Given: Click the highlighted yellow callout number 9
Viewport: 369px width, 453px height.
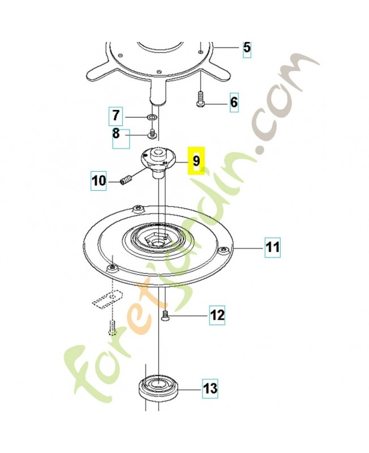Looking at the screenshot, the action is (x=196, y=161).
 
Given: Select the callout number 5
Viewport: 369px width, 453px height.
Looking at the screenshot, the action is (x=247, y=48).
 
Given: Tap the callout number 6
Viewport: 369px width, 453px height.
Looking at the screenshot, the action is (x=234, y=102).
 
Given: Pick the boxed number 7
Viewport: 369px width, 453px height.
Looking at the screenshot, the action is (x=116, y=116).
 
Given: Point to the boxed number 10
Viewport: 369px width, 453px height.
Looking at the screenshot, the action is (x=98, y=181).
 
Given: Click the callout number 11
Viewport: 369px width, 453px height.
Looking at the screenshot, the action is (x=273, y=247).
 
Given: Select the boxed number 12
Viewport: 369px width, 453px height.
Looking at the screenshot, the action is (x=217, y=315).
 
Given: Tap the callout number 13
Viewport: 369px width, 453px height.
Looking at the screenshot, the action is (x=210, y=388).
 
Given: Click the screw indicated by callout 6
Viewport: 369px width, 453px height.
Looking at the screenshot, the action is (x=200, y=98).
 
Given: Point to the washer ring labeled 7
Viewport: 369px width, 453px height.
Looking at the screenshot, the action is (x=152, y=117).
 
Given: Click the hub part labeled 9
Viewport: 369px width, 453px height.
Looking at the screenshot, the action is (x=158, y=163).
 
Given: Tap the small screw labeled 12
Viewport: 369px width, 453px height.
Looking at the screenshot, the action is (x=165, y=315).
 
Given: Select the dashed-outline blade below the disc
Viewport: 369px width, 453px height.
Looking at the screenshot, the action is (x=107, y=300).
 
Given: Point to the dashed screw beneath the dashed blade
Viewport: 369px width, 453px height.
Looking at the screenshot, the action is (x=112, y=328).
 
